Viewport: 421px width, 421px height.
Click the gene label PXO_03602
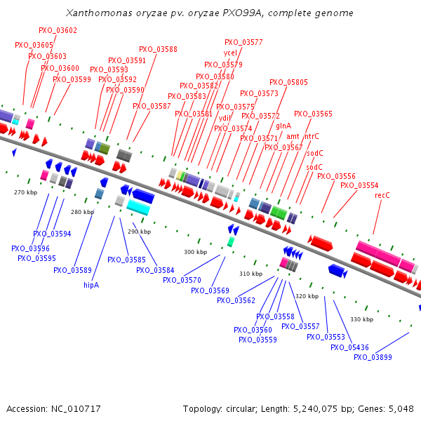(58, 30)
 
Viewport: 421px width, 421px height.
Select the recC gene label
(382, 194)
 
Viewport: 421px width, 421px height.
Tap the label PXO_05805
(288, 82)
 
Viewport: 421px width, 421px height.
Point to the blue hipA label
(91, 285)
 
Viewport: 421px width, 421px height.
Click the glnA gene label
(283, 126)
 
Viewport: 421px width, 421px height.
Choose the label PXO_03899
(373, 357)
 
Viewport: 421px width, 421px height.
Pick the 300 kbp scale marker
(195, 252)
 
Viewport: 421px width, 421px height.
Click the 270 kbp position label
(25, 192)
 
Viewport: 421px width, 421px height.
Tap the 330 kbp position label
(361, 319)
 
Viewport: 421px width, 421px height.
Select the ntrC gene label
(312, 136)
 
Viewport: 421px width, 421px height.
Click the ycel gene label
(231, 53)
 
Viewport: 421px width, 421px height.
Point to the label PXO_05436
(349, 347)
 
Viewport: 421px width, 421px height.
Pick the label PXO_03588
(158, 49)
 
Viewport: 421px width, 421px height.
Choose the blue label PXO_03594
(52, 234)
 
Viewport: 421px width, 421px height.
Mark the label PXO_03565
(313, 114)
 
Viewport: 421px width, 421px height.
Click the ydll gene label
(225, 118)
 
